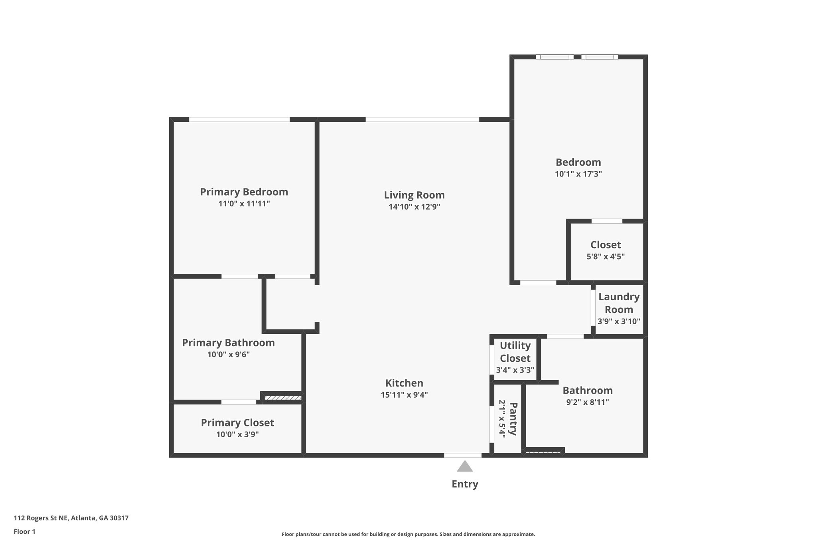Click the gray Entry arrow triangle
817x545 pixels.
pos(465,467)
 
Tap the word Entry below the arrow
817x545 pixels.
pos(465,484)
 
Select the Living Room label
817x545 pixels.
pos(414,195)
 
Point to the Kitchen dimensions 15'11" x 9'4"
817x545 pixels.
pos(404,395)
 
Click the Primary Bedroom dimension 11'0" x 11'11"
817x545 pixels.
pos(244,204)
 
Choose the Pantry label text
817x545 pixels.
pos(513,419)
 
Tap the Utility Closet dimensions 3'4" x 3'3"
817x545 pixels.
pos(515,370)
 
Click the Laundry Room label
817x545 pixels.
pos(619,303)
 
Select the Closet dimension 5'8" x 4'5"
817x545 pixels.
pos(606,257)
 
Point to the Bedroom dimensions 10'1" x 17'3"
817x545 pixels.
pos(578,174)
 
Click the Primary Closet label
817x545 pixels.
pos(237,423)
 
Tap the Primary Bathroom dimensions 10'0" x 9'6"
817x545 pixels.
pos(228,355)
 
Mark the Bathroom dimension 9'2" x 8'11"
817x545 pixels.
pos(588,402)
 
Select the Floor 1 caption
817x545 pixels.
pos(24,531)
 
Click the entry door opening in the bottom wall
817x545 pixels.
pos(463,455)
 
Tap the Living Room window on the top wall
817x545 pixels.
pos(422,119)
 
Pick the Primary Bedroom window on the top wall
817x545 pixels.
pos(239,119)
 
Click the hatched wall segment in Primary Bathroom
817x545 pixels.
pos(283,398)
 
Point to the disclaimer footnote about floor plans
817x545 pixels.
pos(408,534)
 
